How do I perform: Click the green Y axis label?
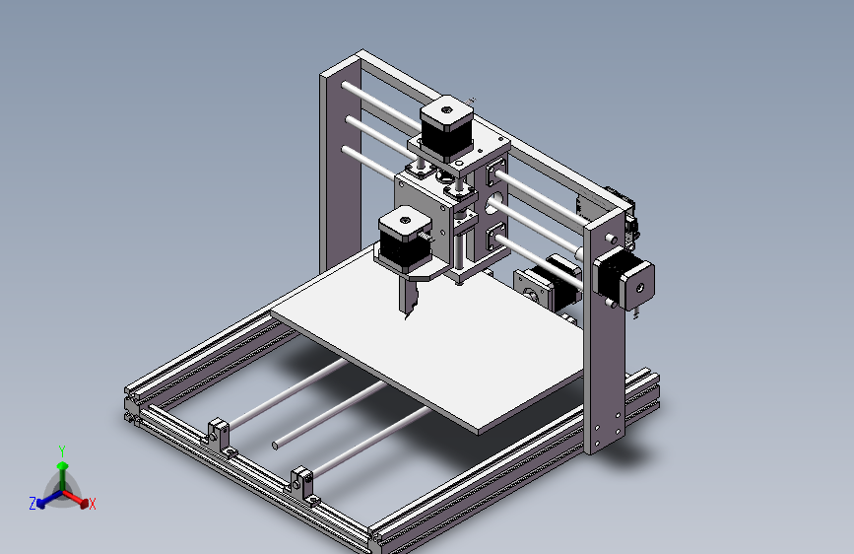pyautogui.click(x=62, y=450)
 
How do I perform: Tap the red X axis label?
pyautogui.click(x=93, y=504)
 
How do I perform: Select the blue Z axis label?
pyautogui.click(x=33, y=503)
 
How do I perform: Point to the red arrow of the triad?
pyautogui.click(x=81, y=498)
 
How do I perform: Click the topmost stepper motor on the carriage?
pyautogui.click(x=446, y=129)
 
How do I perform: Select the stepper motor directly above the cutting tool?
pyautogui.click(x=404, y=241)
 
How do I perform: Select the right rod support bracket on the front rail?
pyautogui.click(x=303, y=480)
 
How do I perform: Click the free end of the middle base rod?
pyautogui.click(x=277, y=445)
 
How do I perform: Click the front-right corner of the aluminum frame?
pyautogui.click(x=380, y=540)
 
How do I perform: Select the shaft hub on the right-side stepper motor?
pyautogui.click(x=639, y=287)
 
